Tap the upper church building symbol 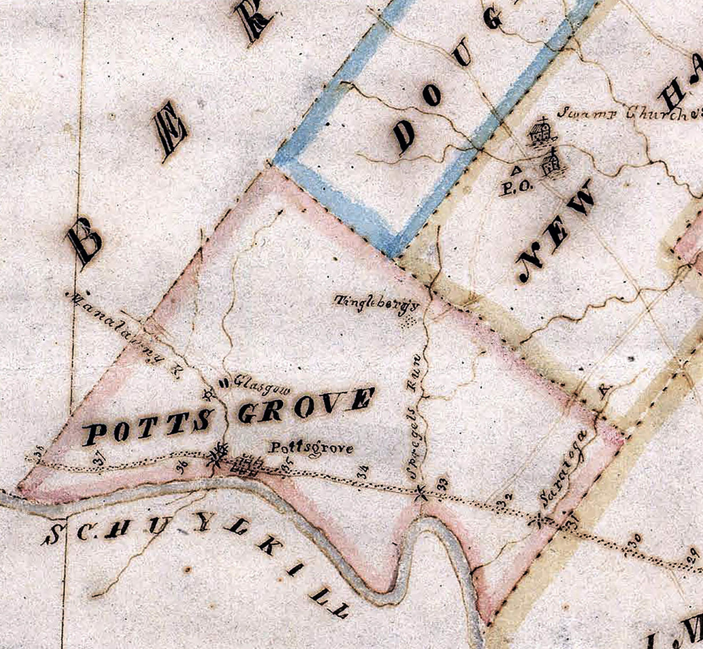coord(542,132)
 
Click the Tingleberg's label coord(376,303)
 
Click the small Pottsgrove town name coord(312,448)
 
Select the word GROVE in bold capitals coord(305,405)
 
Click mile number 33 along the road coord(443,482)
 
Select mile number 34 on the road coord(363,471)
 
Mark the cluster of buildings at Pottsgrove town coord(244,466)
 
